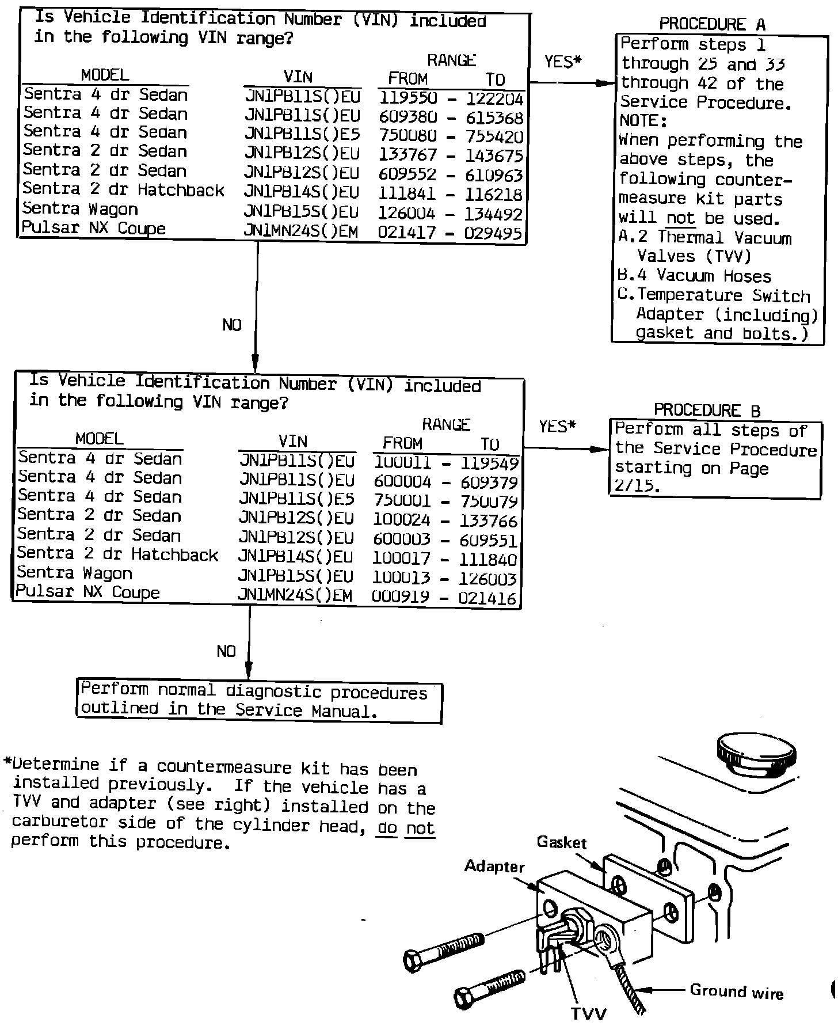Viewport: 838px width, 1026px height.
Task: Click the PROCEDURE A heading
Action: coord(712,24)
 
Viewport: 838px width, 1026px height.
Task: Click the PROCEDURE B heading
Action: coord(707,411)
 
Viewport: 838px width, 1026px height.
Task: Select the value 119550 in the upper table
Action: coord(408,98)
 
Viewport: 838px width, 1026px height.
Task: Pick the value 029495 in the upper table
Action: coord(493,234)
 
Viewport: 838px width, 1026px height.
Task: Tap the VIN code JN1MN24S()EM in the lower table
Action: coord(295,595)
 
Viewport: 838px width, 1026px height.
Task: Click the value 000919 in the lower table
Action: coord(401,598)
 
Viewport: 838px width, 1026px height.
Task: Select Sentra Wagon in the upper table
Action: coord(81,208)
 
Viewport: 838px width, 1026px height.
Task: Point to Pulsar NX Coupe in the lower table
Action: coord(87,592)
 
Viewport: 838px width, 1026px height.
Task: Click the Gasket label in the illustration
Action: coord(561,842)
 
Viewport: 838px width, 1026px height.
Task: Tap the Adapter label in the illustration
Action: coord(494,867)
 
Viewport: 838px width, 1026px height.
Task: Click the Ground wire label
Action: coord(736,991)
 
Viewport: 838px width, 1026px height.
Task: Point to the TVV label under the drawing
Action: coord(588,1013)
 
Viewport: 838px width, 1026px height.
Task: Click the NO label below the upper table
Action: coord(232,325)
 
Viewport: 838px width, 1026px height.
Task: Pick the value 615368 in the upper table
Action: coord(494,117)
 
